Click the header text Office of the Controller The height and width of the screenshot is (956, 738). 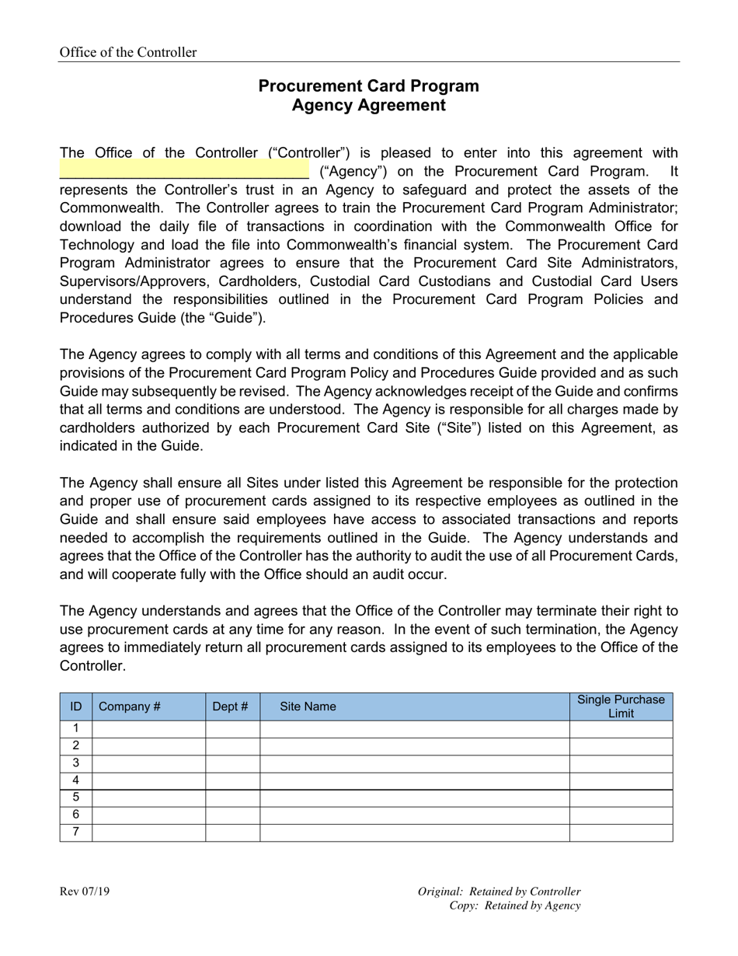[x=128, y=52]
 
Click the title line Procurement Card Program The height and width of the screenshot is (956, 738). [x=368, y=86]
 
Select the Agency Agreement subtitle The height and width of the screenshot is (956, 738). [x=368, y=106]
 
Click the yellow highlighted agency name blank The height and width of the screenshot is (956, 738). [x=184, y=170]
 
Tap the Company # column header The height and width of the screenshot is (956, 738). [x=129, y=707]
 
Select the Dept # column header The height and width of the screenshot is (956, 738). [x=231, y=707]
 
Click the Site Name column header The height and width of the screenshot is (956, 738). [x=308, y=707]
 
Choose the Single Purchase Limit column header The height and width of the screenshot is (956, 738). [x=621, y=707]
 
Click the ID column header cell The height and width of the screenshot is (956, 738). [x=76, y=707]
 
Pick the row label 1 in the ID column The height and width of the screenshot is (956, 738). [x=76, y=729]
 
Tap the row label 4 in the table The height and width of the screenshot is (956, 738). [x=76, y=780]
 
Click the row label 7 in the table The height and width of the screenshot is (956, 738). [x=76, y=832]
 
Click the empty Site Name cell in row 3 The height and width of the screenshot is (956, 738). [x=414, y=763]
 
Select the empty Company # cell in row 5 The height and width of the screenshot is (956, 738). [x=148, y=797]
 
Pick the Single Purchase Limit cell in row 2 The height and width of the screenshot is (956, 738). [x=621, y=746]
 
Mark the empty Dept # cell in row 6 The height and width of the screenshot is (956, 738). [x=232, y=815]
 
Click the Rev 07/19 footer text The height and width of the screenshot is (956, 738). [x=85, y=891]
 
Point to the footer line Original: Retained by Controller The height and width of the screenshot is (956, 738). [x=499, y=891]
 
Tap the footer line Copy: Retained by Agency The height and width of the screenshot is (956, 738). [x=514, y=905]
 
